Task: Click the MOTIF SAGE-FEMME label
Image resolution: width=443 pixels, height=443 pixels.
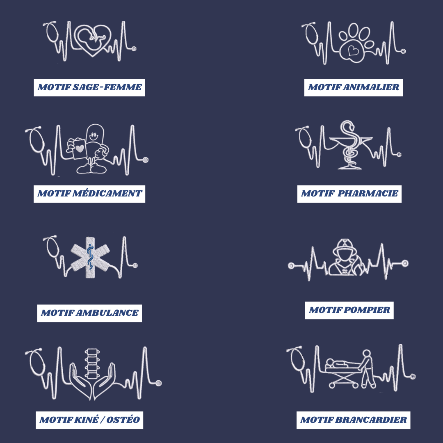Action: click(x=89, y=88)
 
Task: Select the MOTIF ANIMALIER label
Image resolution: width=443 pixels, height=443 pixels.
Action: click(x=354, y=88)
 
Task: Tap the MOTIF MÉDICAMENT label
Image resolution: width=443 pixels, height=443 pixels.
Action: click(x=89, y=194)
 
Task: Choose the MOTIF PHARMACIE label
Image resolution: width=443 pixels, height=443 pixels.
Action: click(x=349, y=194)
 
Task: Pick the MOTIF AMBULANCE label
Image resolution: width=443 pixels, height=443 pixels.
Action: click(x=89, y=313)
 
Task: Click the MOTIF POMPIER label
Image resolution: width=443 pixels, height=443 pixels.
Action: click(x=349, y=310)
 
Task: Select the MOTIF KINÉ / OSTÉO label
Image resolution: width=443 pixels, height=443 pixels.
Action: click(x=89, y=420)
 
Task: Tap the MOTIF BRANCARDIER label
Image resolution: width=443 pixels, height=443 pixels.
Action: click(x=353, y=420)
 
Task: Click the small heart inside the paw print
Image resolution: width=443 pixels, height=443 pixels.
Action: click(x=353, y=51)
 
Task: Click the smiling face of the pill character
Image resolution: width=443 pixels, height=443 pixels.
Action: click(x=94, y=137)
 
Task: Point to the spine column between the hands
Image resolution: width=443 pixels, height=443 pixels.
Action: click(x=91, y=363)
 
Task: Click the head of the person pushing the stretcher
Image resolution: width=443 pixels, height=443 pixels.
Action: click(x=366, y=354)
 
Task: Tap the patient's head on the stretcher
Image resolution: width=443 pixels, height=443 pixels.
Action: click(x=330, y=362)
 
